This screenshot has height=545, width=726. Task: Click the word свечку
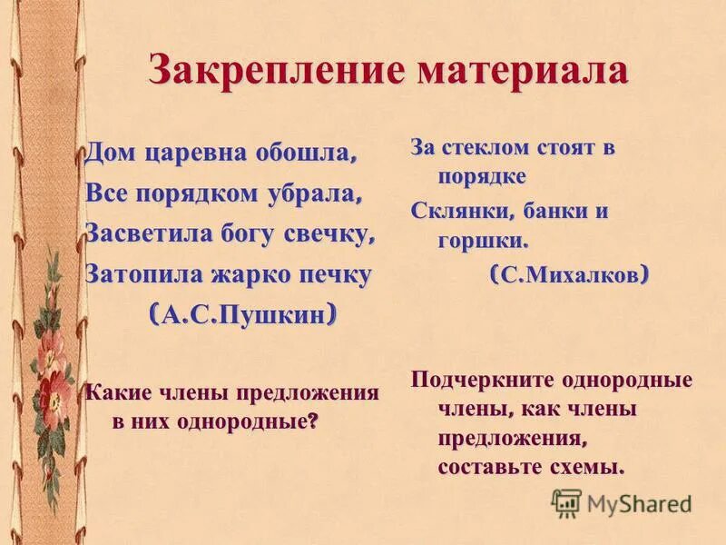click(330, 234)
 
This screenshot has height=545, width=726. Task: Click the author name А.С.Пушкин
click(243, 314)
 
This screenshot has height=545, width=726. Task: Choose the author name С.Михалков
click(569, 275)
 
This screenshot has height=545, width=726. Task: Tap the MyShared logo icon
click(566, 502)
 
